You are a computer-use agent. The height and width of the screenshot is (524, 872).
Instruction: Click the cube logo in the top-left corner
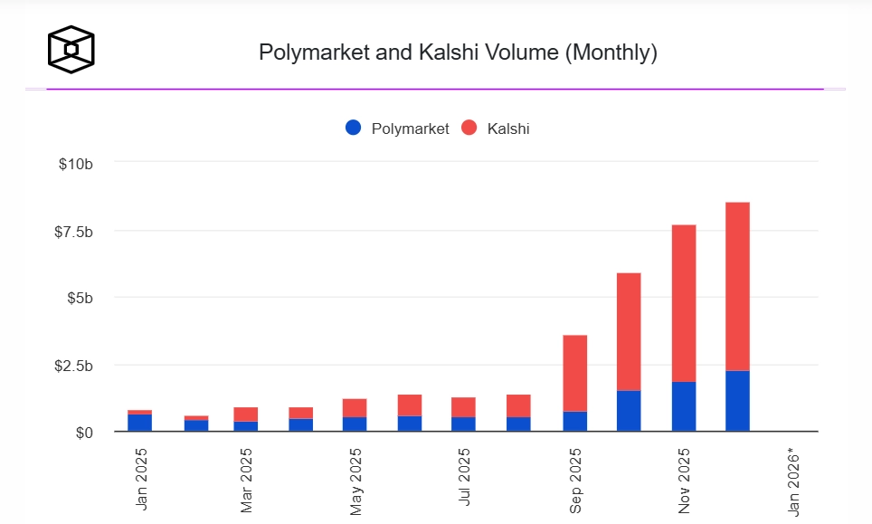point(71,49)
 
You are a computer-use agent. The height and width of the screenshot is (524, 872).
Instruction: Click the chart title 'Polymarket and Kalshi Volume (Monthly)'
point(458,52)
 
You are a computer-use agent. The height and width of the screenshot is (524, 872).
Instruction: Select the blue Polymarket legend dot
point(354,129)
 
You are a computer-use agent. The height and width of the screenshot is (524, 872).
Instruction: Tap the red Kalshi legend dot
point(469,129)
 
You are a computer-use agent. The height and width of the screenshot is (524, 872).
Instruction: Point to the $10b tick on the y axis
point(75,164)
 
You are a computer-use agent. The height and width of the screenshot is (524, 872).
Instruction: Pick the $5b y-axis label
point(79,299)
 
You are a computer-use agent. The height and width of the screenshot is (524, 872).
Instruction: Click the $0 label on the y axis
point(83,433)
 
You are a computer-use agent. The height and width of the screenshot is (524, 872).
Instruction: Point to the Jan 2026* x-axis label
point(795,480)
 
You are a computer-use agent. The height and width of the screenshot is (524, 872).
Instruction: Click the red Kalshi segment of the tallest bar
point(737,286)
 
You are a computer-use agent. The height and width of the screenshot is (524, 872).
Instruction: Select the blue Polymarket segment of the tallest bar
point(737,401)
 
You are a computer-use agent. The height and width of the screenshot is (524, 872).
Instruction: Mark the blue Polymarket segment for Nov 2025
point(683,406)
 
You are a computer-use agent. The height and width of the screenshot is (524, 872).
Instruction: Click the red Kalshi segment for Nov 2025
point(683,303)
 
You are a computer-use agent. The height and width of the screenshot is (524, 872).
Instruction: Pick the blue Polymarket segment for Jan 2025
point(139,423)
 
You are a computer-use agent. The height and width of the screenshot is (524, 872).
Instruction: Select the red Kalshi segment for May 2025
point(355,407)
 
